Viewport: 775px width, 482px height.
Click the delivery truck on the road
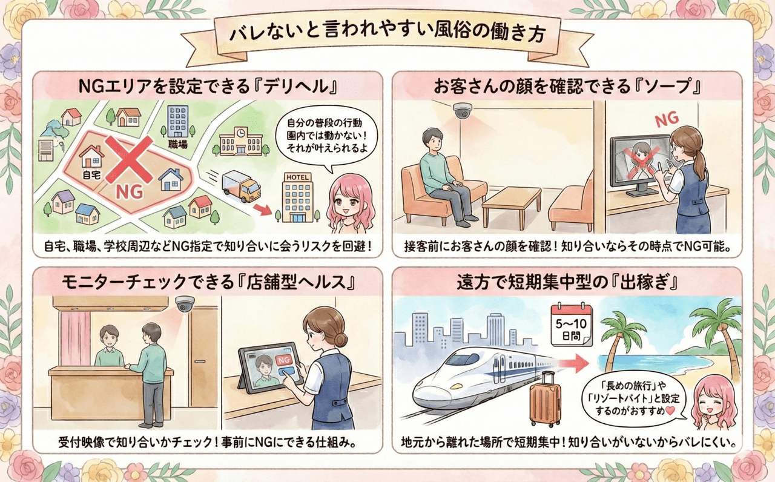[x=241, y=186]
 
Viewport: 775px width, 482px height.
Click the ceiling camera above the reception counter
[x=184, y=303]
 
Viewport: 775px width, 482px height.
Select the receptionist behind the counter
[x=109, y=347]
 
